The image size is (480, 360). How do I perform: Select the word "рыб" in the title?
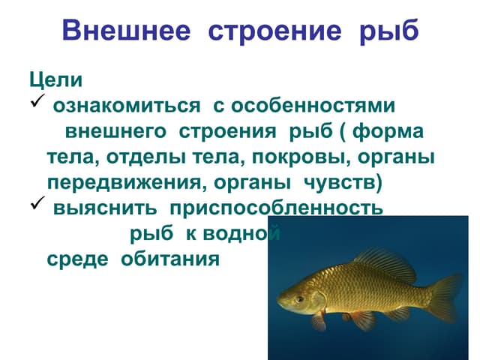(388, 31)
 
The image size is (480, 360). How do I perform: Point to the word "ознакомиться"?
(126, 106)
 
